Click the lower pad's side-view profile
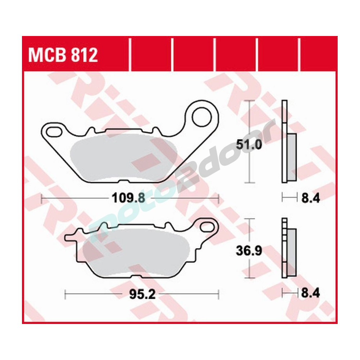[x=288, y=248]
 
